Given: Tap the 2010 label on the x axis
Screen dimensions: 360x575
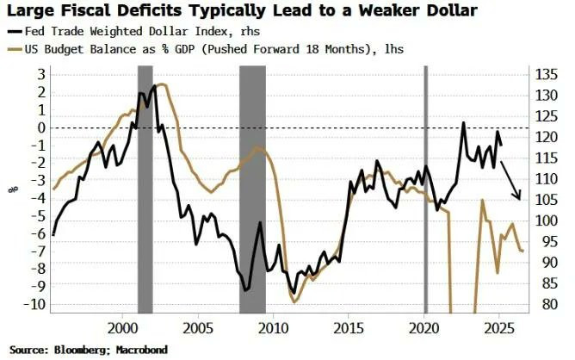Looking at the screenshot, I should (x=273, y=327).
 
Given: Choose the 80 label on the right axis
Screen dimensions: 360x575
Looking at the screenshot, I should (x=544, y=304).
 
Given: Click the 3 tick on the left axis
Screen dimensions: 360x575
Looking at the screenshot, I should (x=39, y=74).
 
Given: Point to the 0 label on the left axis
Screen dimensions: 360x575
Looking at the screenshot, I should (x=39, y=127).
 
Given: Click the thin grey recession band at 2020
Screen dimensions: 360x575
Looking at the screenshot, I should (x=425, y=189).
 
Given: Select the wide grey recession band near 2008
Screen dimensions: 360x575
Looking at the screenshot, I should (x=252, y=189).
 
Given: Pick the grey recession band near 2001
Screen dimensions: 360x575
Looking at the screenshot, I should (x=145, y=189).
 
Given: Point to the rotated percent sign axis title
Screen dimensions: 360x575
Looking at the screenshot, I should (x=12, y=189).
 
